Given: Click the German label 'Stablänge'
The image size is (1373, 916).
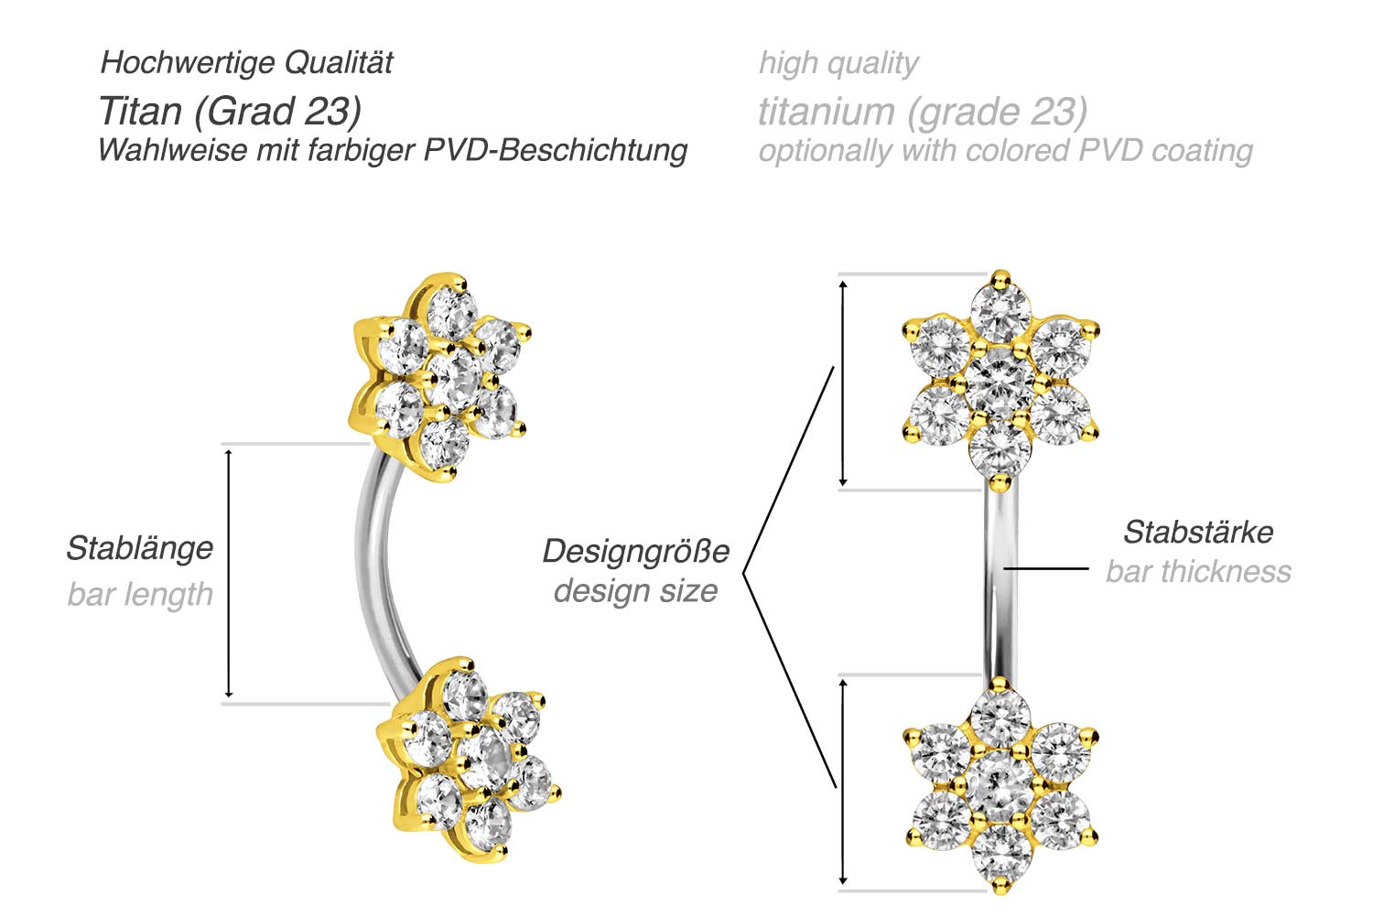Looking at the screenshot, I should (139, 548).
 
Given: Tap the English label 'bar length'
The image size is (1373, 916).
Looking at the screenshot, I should (139, 594).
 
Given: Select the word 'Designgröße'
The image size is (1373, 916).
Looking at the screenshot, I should (635, 551).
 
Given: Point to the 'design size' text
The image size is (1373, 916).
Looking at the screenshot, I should (635, 590).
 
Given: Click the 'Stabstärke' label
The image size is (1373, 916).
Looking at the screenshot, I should (1197, 532).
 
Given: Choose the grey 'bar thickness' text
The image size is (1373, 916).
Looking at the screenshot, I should (1198, 571).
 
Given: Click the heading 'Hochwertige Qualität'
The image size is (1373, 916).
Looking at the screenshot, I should (246, 62).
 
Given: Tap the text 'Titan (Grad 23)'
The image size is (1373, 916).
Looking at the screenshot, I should (229, 111).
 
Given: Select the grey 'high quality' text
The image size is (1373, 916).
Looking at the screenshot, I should (838, 62).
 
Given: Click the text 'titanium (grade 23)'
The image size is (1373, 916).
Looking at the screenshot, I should (923, 111).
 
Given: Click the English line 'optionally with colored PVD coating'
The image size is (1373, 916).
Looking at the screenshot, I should (1005, 150).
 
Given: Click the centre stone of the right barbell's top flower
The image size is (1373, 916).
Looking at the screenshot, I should (1000, 378).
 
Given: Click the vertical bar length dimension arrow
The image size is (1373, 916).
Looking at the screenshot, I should (229, 574).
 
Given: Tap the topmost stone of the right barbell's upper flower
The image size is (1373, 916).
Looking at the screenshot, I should (1000, 310).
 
